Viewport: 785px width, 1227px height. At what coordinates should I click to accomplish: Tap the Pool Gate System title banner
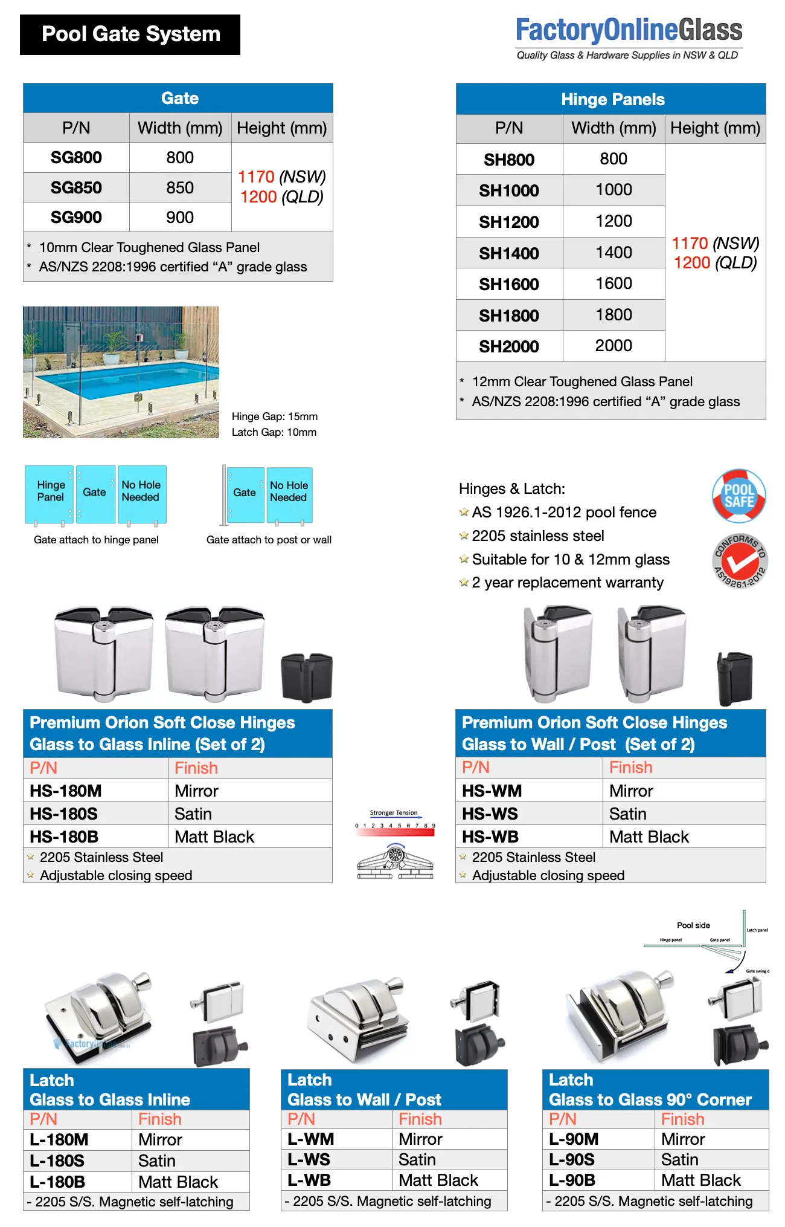[130, 34]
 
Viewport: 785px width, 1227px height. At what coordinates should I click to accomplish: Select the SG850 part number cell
[76, 187]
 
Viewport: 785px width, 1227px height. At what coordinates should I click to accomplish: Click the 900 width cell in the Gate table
[180, 217]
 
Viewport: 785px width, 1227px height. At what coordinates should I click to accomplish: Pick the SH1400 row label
[509, 253]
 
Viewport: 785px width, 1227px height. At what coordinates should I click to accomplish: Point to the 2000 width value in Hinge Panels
[614, 346]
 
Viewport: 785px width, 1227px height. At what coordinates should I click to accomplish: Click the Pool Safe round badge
[739, 496]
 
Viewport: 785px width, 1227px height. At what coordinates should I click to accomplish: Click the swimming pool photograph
[121, 372]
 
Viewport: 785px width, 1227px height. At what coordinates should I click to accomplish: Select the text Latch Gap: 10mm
[274, 432]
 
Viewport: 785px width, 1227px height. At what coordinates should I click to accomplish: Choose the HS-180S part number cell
[64, 814]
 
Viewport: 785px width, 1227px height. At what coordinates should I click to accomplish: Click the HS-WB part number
[490, 837]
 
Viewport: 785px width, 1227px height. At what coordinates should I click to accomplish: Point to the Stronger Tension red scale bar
[396, 832]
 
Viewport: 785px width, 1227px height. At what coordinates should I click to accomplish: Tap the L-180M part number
[59, 1139]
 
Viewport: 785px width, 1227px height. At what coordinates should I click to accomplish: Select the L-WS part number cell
[309, 1159]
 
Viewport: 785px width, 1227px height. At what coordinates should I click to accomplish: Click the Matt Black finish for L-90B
[700, 1180]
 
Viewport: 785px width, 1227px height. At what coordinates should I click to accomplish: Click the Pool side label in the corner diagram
[693, 925]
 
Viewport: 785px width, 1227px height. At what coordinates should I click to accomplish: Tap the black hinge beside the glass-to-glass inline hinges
[307, 676]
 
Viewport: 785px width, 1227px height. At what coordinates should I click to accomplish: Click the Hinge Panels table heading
[612, 99]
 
